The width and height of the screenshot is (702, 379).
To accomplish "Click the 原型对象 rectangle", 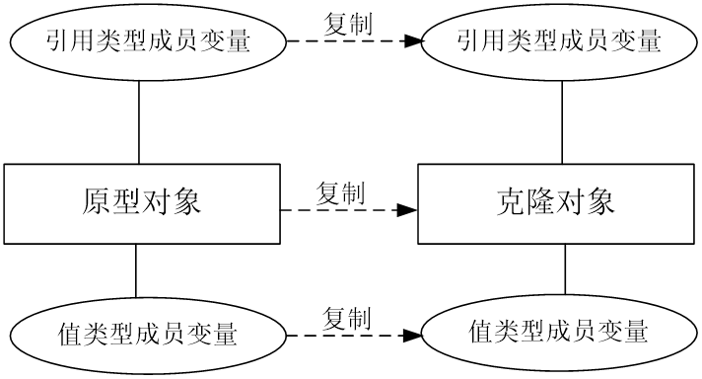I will [140, 203].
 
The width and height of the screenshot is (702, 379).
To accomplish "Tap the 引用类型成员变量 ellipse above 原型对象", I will [145, 41].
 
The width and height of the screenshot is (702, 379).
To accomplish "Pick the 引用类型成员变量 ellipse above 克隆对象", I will [559, 41].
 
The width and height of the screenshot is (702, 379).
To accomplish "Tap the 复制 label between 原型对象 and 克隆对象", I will [340, 192].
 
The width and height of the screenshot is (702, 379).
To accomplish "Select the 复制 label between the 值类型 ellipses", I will [347, 318].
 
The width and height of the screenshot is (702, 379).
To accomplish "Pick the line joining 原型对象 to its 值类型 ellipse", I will [135, 270].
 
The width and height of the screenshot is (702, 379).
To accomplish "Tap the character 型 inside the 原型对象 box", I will [124, 203].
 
